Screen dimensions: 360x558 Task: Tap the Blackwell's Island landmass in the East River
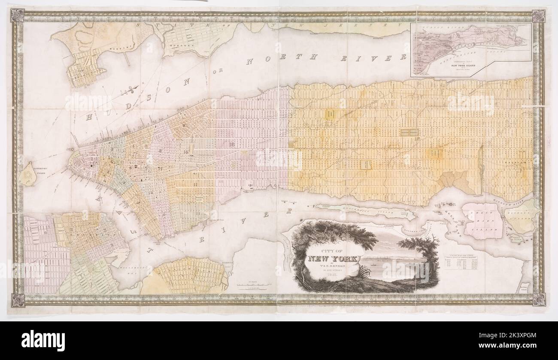click(365, 211)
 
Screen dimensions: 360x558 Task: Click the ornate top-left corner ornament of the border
click(17, 15)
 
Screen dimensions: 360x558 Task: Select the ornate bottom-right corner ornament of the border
click(539, 299)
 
